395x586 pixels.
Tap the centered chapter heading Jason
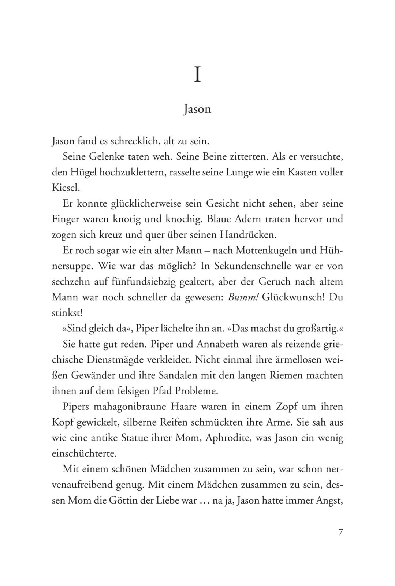(x=197, y=110)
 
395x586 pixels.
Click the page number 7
(x=340, y=532)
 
